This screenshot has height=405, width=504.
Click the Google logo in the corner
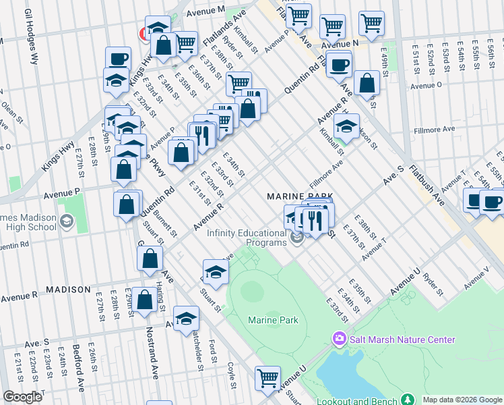[x=23, y=397]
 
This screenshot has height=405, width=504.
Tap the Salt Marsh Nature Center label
[x=402, y=340]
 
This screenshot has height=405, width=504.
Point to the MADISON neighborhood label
[x=68, y=290]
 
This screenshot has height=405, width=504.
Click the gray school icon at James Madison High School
[x=66, y=221]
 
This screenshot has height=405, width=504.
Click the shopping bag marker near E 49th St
[x=367, y=83]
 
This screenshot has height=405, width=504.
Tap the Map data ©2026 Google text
[x=462, y=400]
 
